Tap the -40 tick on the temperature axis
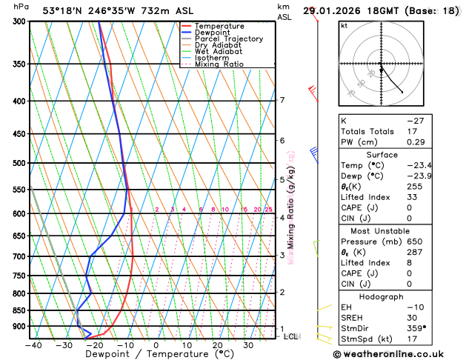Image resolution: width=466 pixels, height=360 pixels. (x=33, y=344)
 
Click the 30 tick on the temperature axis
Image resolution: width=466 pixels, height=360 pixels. (x=249, y=344)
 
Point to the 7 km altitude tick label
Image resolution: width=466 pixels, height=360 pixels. (x=282, y=100)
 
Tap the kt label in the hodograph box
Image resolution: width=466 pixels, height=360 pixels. (x=344, y=25)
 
